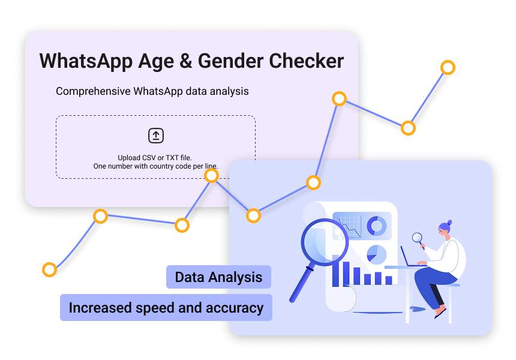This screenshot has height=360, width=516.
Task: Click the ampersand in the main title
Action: tap(174, 61)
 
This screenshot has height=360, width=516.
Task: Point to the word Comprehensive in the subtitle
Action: tap(93, 91)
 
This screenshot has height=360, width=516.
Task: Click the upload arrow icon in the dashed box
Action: tap(156, 136)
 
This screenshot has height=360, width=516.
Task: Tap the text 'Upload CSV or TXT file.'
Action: tap(155, 157)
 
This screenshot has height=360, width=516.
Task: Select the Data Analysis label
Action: tap(218, 277)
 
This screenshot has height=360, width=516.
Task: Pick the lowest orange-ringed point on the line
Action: tap(49, 269)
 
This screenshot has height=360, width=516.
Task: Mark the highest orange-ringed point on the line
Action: tap(448, 67)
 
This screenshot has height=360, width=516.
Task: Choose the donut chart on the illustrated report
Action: tap(376, 226)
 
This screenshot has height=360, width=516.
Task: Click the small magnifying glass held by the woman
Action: tap(416, 238)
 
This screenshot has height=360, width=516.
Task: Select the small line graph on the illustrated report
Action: tap(348, 227)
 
